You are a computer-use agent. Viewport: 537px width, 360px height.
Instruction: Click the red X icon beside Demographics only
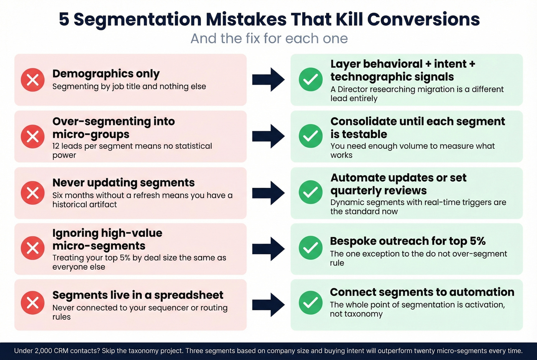pyautogui.click(x=33, y=80)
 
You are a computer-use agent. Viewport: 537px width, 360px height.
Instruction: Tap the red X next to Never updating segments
pyautogui.click(x=33, y=192)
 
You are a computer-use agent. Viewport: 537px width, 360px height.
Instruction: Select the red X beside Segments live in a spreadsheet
pyautogui.click(x=33, y=302)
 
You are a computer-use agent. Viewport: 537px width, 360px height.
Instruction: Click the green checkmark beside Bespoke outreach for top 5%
pyautogui.click(x=310, y=248)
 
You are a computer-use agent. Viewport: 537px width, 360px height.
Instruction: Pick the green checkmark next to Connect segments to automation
pyautogui.click(x=310, y=302)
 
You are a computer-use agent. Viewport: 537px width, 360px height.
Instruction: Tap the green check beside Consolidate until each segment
pyautogui.click(x=310, y=136)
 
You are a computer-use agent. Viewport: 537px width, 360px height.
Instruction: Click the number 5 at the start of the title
pyautogui.click(x=64, y=19)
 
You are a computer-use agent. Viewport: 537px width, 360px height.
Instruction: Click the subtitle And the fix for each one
pyautogui.click(x=269, y=38)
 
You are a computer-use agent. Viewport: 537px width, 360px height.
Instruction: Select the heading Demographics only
pyautogui.click(x=106, y=73)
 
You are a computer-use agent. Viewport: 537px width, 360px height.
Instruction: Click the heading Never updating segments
pyautogui.click(x=124, y=182)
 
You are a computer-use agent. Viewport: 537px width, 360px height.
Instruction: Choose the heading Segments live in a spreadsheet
pyautogui.click(x=138, y=295)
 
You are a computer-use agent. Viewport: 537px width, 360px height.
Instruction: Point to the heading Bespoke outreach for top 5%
pyautogui.click(x=408, y=241)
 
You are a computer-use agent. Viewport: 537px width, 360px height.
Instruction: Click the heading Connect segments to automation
pyautogui.click(x=422, y=292)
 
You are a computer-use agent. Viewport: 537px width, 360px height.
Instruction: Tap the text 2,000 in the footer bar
pyautogui.click(x=43, y=351)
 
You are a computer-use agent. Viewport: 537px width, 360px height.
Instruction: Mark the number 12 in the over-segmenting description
pyautogui.click(x=56, y=146)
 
